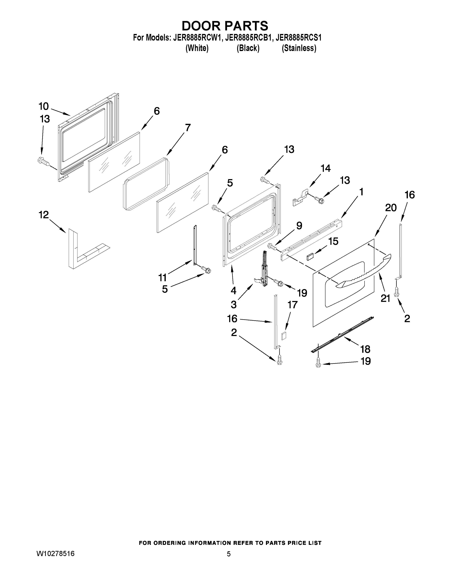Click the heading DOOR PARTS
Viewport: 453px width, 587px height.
[x=225, y=26]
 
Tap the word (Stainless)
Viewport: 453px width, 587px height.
[x=299, y=48]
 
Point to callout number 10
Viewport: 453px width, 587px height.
[x=44, y=106]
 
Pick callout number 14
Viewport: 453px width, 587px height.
[x=325, y=168]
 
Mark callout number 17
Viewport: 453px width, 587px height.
[x=293, y=305]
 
